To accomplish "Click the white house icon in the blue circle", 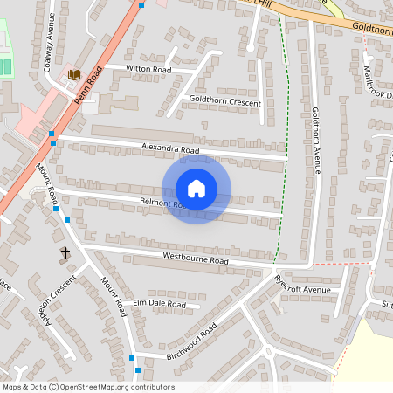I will click(x=196, y=189).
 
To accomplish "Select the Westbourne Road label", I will click(x=195, y=259).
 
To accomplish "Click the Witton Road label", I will click(x=148, y=68).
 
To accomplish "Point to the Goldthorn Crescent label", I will click(x=225, y=102).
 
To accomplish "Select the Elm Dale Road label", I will click(x=159, y=304).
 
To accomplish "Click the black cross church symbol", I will click(x=65, y=253).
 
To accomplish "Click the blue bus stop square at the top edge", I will click(x=141, y=4).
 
